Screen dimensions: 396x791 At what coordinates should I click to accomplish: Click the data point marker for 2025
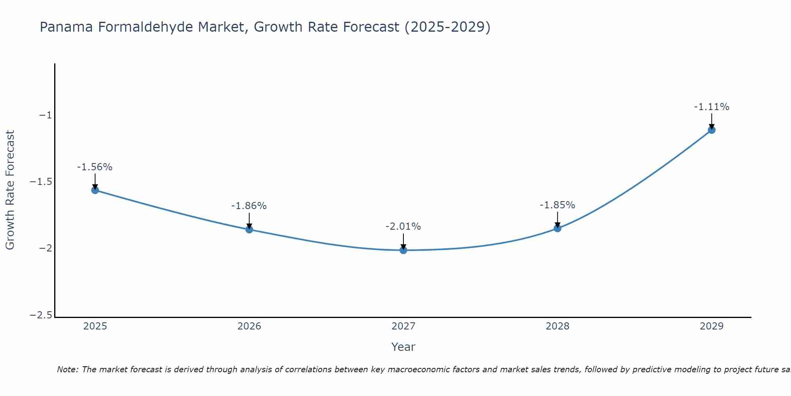tap(95, 190)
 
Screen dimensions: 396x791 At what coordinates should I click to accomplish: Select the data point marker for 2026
tap(249, 229)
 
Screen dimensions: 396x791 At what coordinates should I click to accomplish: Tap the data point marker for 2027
tap(403, 250)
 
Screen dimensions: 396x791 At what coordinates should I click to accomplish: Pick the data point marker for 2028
tap(557, 228)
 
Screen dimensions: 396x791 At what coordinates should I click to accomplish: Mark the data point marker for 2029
tap(712, 130)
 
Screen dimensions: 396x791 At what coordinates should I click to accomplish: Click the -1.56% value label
tap(95, 167)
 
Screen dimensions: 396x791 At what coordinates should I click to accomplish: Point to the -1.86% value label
tap(249, 206)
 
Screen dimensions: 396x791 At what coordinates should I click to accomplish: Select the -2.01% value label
tap(403, 227)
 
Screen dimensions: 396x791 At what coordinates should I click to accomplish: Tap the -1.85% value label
tap(557, 205)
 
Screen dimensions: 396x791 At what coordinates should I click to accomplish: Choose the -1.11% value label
tap(712, 107)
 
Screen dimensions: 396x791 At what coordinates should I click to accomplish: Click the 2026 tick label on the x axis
tap(249, 326)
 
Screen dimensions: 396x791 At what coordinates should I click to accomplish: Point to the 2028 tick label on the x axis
tap(557, 326)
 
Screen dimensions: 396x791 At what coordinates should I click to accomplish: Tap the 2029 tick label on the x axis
tap(712, 326)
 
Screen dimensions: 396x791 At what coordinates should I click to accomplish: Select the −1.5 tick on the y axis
tap(41, 182)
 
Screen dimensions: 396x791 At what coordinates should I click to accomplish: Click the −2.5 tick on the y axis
tap(41, 315)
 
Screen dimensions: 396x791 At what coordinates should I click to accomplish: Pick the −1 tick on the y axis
tap(45, 115)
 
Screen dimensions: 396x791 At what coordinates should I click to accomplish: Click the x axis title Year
tap(403, 347)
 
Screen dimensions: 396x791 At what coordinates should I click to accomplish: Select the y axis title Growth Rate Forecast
tap(10, 190)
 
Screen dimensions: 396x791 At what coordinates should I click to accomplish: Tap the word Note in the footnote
tap(67, 369)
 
